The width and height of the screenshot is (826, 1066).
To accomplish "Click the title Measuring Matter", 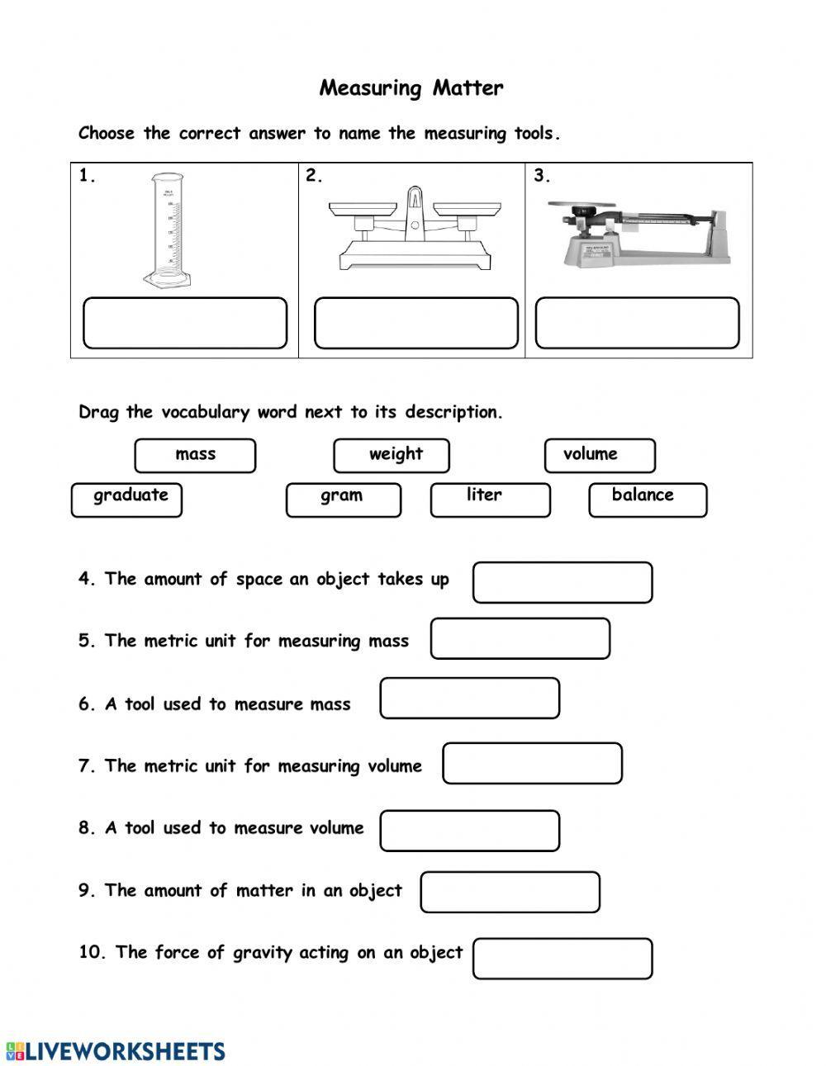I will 411,88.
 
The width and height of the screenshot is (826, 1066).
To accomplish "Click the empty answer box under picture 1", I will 185,323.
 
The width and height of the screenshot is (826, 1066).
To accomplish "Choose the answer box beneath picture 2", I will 415,323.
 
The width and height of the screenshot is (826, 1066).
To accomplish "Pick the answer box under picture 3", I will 637,323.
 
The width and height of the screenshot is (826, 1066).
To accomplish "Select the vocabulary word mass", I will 195,455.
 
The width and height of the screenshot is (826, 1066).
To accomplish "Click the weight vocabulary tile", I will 392,455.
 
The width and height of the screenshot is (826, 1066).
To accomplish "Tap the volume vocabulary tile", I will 600,455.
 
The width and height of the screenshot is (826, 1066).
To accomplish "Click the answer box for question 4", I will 563,582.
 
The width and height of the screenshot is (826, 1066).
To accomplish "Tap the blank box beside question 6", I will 469,699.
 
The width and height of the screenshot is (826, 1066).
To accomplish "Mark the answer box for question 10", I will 563,959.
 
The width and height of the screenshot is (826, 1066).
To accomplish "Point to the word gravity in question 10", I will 263,953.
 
